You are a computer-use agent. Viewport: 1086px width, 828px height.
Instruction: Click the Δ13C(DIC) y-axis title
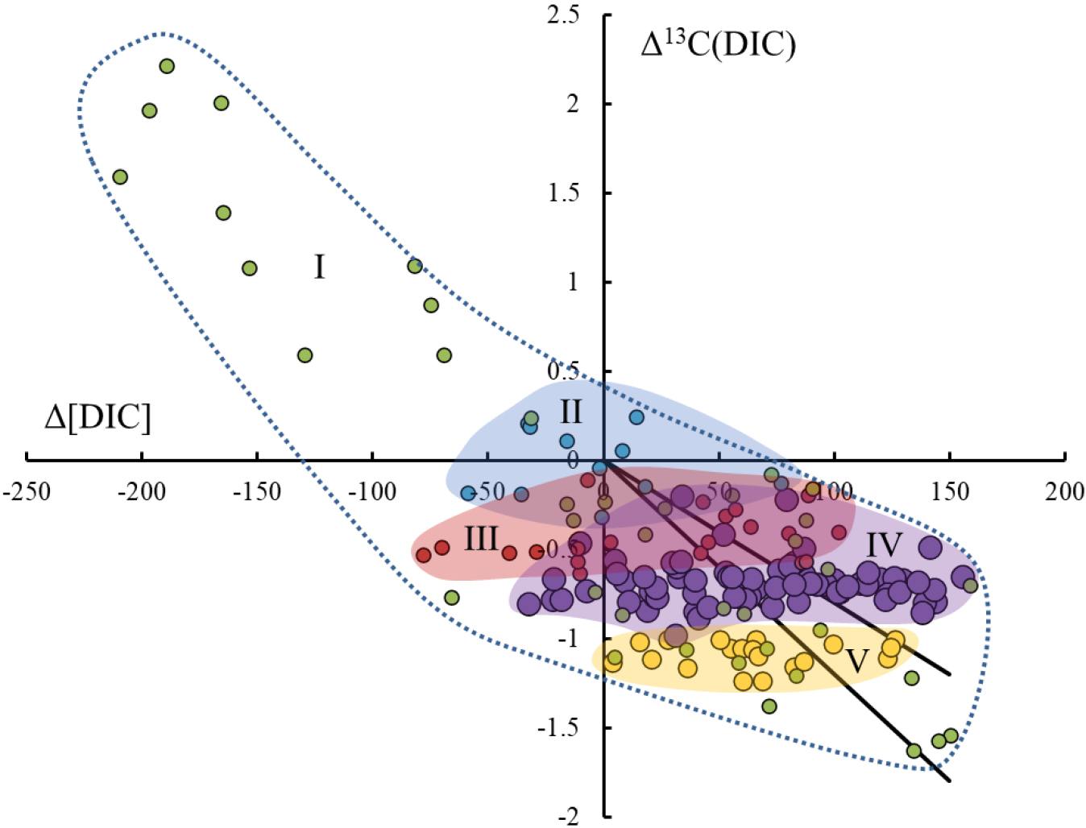pyautogui.click(x=718, y=43)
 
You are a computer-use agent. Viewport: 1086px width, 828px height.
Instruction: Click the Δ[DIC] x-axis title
pyautogui.click(x=97, y=418)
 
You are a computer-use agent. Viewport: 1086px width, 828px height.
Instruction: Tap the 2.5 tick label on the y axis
pyautogui.click(x=563, y=14)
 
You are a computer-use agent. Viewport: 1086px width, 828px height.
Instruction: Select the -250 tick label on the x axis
pyautogui.click(x=27, y=491)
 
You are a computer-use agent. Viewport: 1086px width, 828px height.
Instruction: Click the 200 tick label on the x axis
pyautogui.click(x=1064, y=491)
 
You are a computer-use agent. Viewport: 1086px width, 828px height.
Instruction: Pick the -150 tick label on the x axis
pyautogui.click(x=257, y=491)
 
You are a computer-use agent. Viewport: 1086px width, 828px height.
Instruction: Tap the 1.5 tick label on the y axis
pyautogui.click(x=563, y=193)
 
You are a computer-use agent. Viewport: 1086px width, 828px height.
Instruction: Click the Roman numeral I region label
pyautogui.click(x=319, y=267)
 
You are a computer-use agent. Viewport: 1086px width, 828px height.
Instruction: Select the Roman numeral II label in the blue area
pyautogui.click(x=570, y=412)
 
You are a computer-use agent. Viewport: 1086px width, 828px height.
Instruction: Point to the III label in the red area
pyautogui.click(x=481, y=539)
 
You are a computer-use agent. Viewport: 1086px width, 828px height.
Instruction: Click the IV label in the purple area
pyautogui.click(x=884, y=546)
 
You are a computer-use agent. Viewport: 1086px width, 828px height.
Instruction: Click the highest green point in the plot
pyautogui.click(x=167, y=66)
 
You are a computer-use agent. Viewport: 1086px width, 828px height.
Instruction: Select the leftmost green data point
pyautogui.click(x=120, y=177)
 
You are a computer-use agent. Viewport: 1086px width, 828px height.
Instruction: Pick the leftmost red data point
pyautogui.click(x=423, y=555)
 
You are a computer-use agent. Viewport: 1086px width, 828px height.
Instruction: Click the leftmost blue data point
pyautogui.click(x=468, y=494)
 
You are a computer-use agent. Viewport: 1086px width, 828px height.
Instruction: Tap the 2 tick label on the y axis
pyautogui.click(x=572, y=104)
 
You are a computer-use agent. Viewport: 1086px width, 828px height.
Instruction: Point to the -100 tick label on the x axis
pyautogui.click(x=372, y=491)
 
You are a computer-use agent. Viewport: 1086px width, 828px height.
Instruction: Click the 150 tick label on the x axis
pyautogui.click(x=949, y=491)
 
